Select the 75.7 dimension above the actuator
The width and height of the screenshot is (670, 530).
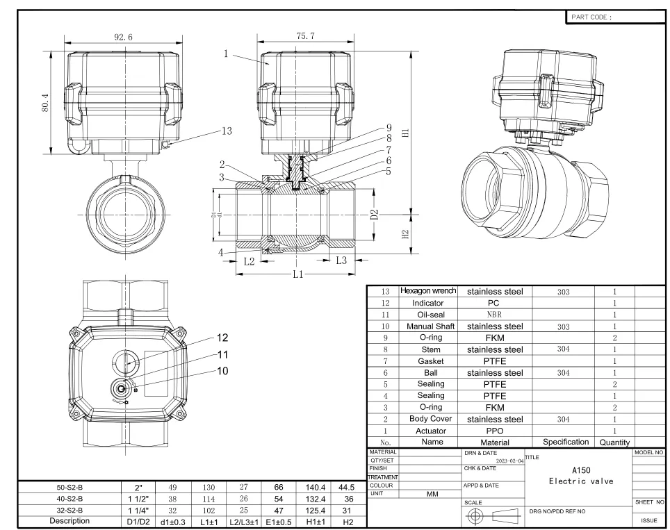click(x=306, y=36)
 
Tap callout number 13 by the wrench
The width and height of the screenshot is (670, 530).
click(x=226, y=130)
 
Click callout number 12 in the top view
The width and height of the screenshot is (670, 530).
click(x=222, y=338)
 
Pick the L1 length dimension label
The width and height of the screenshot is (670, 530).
click(x=297, y=274)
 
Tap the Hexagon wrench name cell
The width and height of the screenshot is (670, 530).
click(x=428, y=292)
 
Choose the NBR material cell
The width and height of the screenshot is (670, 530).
click(x=494, y=315)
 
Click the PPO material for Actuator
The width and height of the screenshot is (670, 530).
click(x=494, y=431)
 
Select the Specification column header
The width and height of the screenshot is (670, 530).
click(x=563, y=442)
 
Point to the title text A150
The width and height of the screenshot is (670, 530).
click(x=581, y=470)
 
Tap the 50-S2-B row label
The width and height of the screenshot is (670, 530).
click(x=67, y=488)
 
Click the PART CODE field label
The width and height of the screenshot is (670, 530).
click(x=591, y=17)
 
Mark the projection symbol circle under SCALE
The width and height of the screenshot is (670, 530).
click(x=476, y=516)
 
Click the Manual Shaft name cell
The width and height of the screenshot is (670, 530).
click(x=430, y=326)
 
